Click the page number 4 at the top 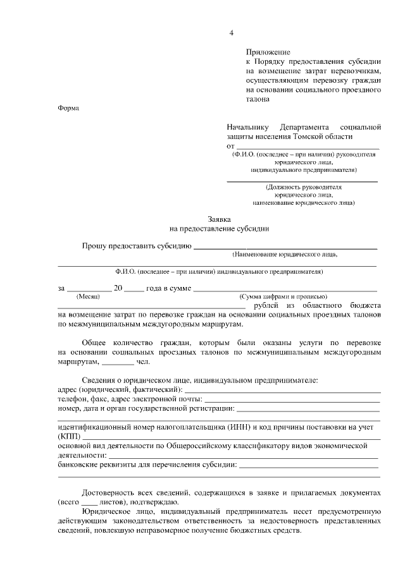[x=232, y=32]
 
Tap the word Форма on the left [x=68, y=107]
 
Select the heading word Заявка [x=219, y=219]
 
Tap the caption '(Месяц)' [x=87, y=296]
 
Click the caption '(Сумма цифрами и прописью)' [x=283, y=296]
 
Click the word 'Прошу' [x=94, y=245]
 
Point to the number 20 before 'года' [x=117, y=288]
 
